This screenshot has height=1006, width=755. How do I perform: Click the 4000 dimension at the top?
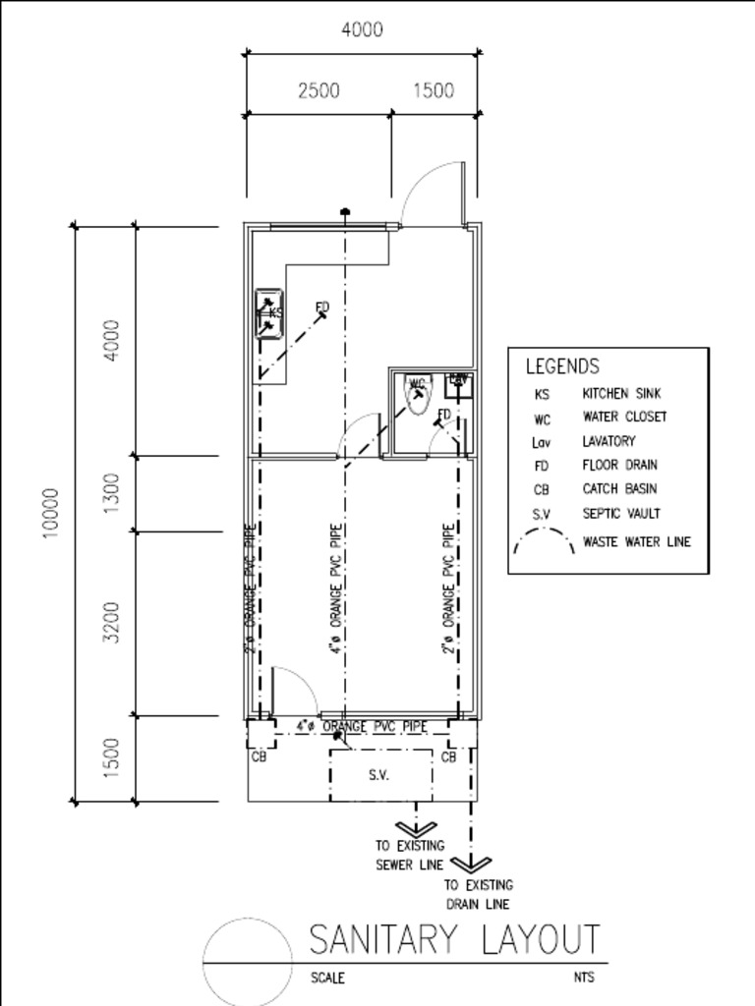[x=362, y=30]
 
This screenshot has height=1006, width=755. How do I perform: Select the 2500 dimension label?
[x=319, y=91]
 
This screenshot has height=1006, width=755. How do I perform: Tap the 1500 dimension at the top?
[x=433, y=91]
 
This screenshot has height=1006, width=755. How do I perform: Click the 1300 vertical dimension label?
[x=112, y=492]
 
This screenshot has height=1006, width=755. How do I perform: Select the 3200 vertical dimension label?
[x=112, y=622]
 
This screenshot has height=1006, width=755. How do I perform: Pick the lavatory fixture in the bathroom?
[x=459, y=382]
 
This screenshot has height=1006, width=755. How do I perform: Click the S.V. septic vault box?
[x=380, y=775]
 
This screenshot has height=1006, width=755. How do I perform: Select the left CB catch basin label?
[x=259, y=757]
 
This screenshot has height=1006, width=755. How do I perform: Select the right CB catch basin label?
[x=448, y=757]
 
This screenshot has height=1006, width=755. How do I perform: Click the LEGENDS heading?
[x=561, y=367]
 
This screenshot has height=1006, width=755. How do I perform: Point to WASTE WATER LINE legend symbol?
[x=544, y=541]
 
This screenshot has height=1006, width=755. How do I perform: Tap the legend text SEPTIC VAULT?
[x=621, y=513]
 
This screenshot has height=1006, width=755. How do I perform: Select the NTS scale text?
[x=584, y=978]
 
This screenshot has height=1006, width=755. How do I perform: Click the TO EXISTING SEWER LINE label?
[x=410, y=855]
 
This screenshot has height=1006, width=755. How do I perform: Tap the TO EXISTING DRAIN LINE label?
[x=479, y=894]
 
